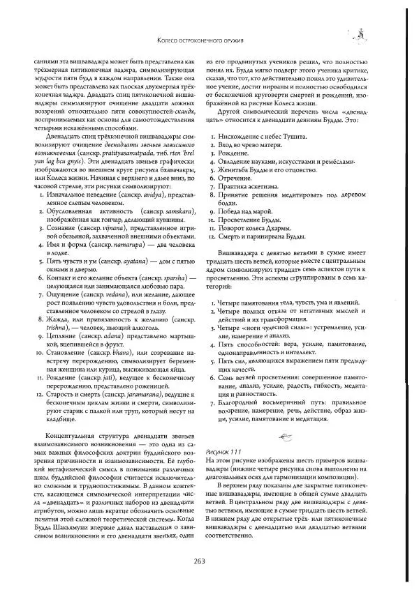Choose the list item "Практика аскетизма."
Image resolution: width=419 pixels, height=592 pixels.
[246, 187]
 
